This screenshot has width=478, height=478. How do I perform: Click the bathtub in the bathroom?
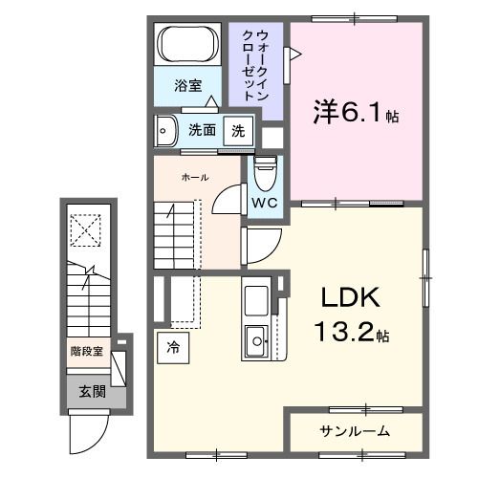189,45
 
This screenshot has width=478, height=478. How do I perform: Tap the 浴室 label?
187,85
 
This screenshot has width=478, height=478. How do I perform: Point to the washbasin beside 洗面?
167,129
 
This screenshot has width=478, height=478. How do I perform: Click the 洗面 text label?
201,130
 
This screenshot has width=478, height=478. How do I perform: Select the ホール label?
195,178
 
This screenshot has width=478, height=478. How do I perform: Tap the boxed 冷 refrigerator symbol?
173,347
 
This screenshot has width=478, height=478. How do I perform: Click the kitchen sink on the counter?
257,338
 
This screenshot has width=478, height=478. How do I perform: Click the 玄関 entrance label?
92,390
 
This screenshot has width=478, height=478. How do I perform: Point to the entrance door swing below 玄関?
86,430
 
